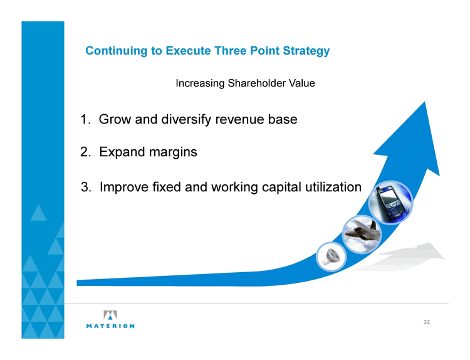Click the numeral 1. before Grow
85,119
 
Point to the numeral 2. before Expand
85,152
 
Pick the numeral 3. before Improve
86,187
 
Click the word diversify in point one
187,119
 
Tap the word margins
173,152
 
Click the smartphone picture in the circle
390,203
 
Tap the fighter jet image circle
362,234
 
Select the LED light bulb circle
332,257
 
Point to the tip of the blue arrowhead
425,102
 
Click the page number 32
427,322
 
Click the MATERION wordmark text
110,326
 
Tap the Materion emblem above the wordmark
110,315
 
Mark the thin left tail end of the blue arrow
77,283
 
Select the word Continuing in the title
117,51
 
